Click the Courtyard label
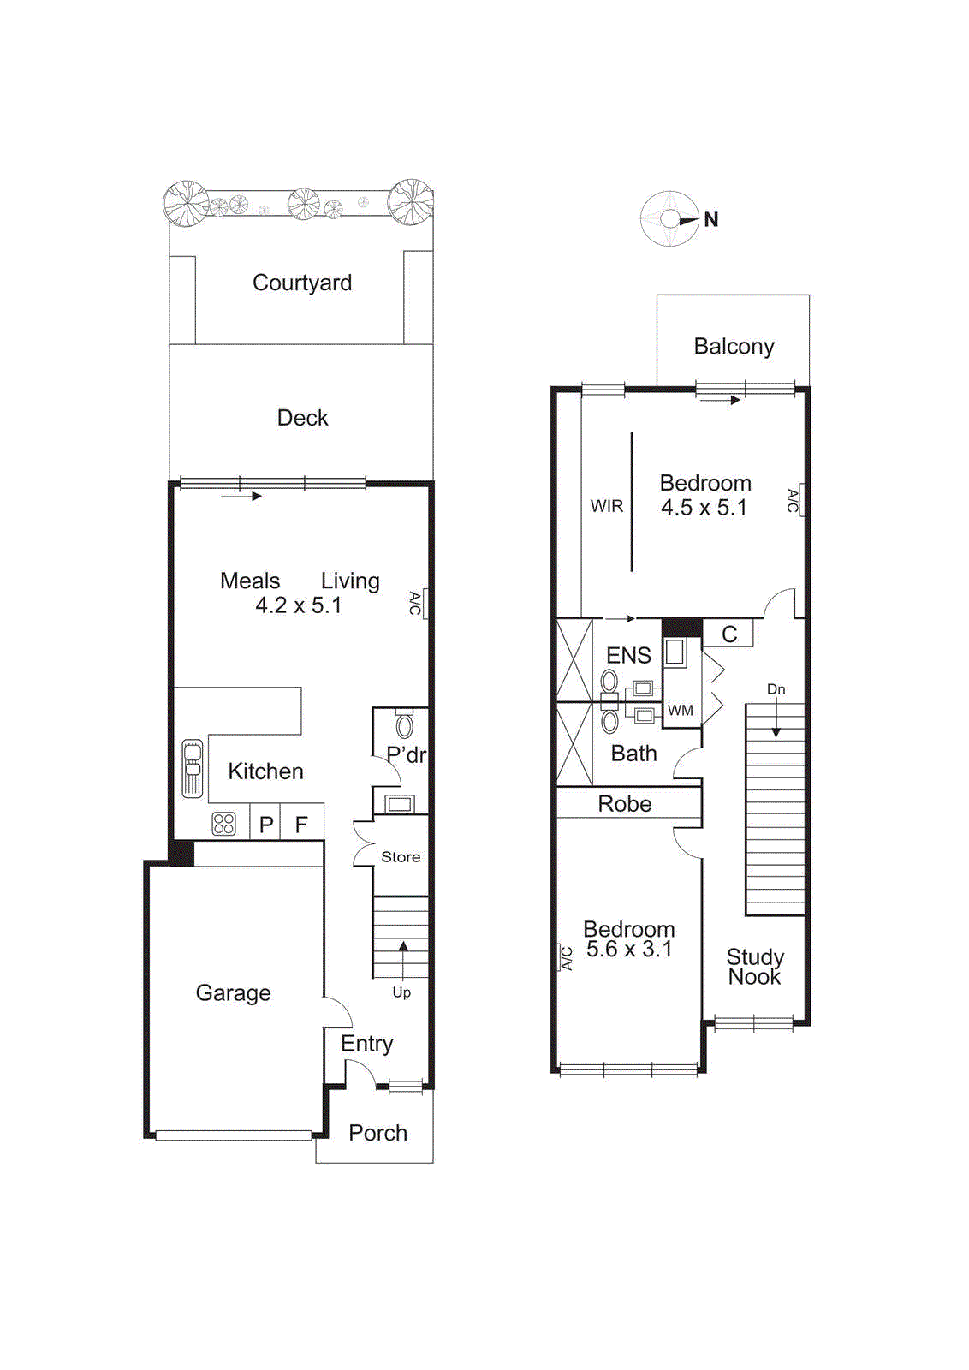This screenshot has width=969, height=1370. click(x=301, y=283)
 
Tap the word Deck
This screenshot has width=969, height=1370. click(x=302, y=418)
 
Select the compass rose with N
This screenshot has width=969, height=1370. click(x=671, y=219)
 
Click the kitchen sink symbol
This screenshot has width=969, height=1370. click(x=193, y=768)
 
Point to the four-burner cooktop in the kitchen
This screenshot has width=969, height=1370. click(x=223, y=824)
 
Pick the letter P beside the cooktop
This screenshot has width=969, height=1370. click(x=266, y=825)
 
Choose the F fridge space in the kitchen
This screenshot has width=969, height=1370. click(x=301, y=825)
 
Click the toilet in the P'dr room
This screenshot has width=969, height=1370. click(x=404, y=726)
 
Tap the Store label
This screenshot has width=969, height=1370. click(x=400, y=857)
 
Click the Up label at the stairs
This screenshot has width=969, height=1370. click(x=401, y=992)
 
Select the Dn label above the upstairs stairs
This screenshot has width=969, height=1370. click(x=776, y=689)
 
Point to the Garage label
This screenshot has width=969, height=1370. click(x=233, y=993)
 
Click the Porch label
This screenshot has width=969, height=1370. click(x=377, y=1133)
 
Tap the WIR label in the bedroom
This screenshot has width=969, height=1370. click(x=606, y=506)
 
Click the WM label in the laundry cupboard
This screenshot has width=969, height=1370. click(x=680, y=710)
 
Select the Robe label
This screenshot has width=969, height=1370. click(x=624, y=804)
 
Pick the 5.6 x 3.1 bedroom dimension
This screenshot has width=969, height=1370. click(x=628, y=950)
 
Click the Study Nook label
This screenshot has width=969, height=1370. click(x=754, y=967)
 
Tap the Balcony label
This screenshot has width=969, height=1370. click(x=734, y=347)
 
